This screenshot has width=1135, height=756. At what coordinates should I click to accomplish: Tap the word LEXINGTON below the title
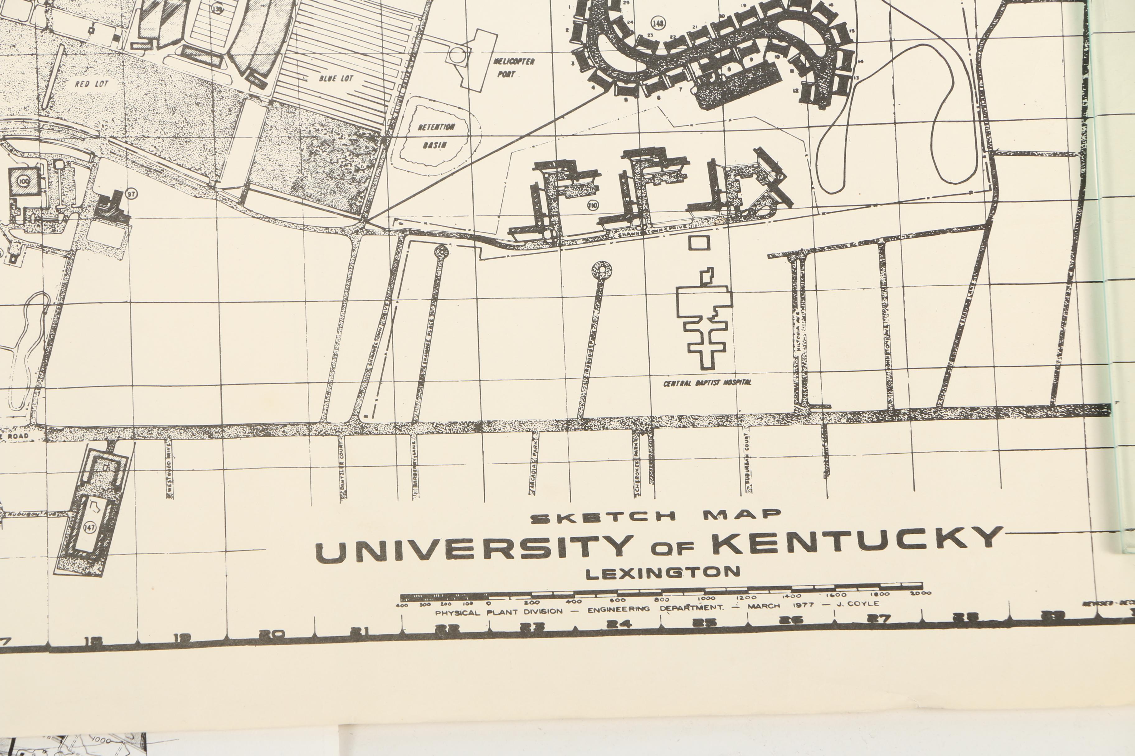(663, 573)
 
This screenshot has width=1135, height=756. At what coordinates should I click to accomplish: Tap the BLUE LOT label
(336, 78)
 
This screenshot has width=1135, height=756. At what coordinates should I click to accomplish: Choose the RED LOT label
(92, 84)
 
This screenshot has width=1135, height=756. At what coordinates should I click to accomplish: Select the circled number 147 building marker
(90, 527)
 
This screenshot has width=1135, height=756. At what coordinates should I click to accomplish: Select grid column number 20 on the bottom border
(272, 634)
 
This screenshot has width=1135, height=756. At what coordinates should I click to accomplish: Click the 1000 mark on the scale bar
(707, 598)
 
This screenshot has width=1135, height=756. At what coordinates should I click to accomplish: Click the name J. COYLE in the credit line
(857, 603)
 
